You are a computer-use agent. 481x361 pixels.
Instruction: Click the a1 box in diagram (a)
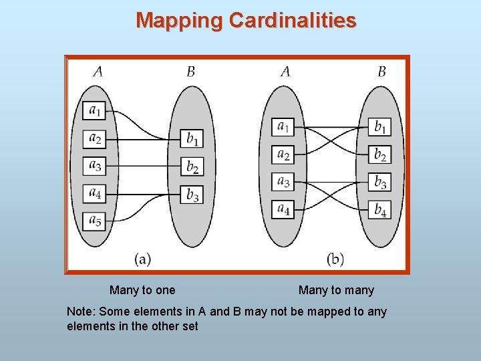point(95,110)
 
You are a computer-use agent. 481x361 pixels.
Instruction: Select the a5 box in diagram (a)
point(95,220)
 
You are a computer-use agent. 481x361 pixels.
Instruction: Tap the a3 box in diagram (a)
point(95,165)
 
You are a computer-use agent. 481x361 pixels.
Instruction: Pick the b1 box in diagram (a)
point(192,138)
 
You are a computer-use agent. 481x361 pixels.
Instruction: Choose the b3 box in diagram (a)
point(192,195)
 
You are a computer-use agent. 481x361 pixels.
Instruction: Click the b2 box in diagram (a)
point(192,166)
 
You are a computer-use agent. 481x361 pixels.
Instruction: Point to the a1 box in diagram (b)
point(283,126)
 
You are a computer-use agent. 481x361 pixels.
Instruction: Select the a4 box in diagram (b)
point(283,209)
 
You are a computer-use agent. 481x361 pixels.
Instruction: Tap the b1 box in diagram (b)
point(379,126)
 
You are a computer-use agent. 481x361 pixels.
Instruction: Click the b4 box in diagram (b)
point(379,209)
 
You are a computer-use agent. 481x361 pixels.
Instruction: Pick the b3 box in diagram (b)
point(379,181)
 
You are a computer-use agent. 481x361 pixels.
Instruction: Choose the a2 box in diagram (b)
point(283,154)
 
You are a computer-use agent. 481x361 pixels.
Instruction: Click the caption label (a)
point(142,257)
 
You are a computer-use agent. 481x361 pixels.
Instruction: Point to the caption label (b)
point(335,258)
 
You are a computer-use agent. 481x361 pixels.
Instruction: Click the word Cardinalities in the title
point(293,21)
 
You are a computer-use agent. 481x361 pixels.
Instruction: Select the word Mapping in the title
point(179,21)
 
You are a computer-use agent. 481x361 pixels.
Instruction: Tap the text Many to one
point(142,290)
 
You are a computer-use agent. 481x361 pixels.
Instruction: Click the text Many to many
point(336,290)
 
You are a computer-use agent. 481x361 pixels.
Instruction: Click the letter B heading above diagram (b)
point(381,72)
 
